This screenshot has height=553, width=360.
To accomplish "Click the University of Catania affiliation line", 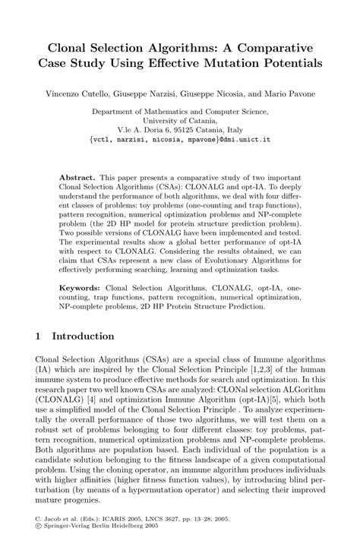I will (180, 120).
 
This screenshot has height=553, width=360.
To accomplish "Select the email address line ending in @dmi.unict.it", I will (180, 140).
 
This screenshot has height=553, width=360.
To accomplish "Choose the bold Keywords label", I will (82, 288).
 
